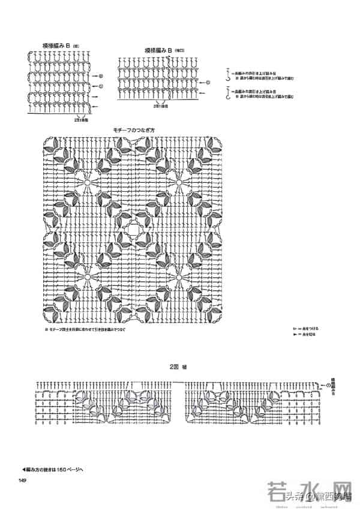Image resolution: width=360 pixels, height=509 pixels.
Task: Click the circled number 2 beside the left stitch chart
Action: coord(101,76)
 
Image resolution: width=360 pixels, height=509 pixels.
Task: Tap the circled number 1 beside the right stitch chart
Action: coord(208,83)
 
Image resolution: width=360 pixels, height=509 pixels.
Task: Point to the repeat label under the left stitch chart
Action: coord(82,120)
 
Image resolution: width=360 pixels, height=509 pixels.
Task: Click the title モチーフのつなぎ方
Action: coord(133,130)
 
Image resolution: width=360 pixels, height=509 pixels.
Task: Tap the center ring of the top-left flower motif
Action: coord(88,180)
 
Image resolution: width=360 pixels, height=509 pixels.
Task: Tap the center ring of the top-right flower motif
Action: coord(179,180)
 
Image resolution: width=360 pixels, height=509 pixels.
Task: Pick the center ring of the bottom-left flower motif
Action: coord(88,276)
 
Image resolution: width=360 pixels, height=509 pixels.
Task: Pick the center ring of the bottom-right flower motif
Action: coord(179,276)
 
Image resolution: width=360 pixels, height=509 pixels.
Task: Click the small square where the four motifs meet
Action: coord(133,228)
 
